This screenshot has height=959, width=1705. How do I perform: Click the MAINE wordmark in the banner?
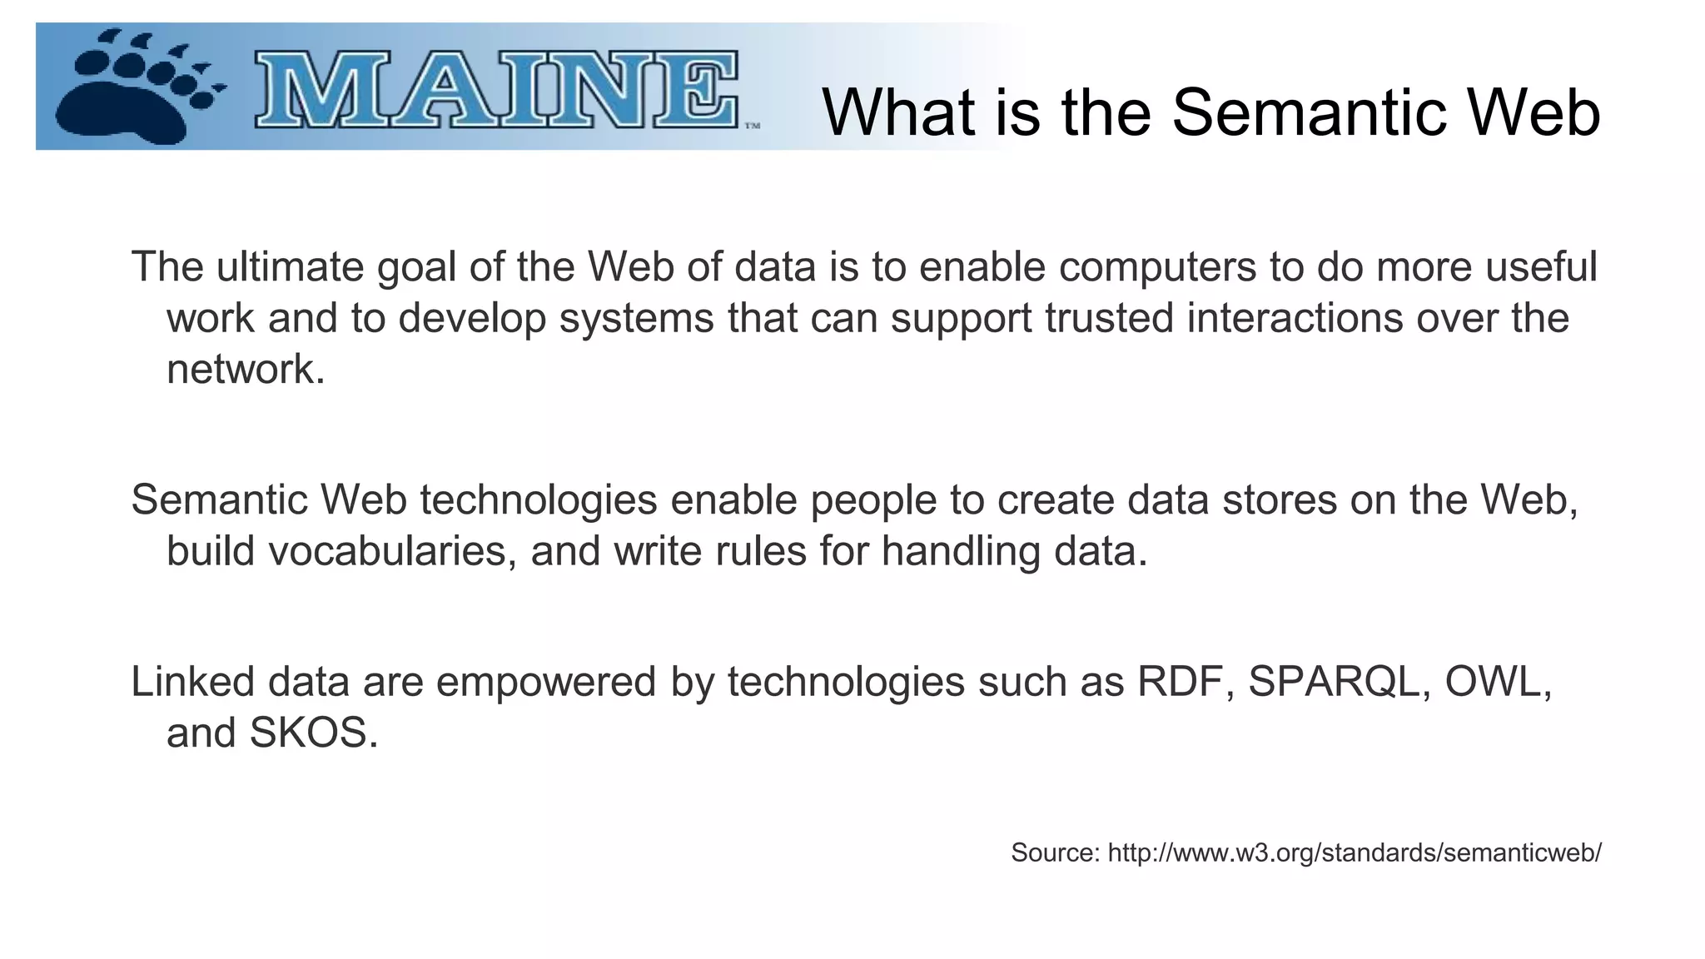496,90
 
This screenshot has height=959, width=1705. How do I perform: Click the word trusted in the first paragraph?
1109,318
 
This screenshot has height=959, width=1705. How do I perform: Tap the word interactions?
1295,318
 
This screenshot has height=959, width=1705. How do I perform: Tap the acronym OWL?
1495,682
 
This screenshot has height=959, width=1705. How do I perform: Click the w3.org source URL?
1354,852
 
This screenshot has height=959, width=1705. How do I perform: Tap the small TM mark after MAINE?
752,127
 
